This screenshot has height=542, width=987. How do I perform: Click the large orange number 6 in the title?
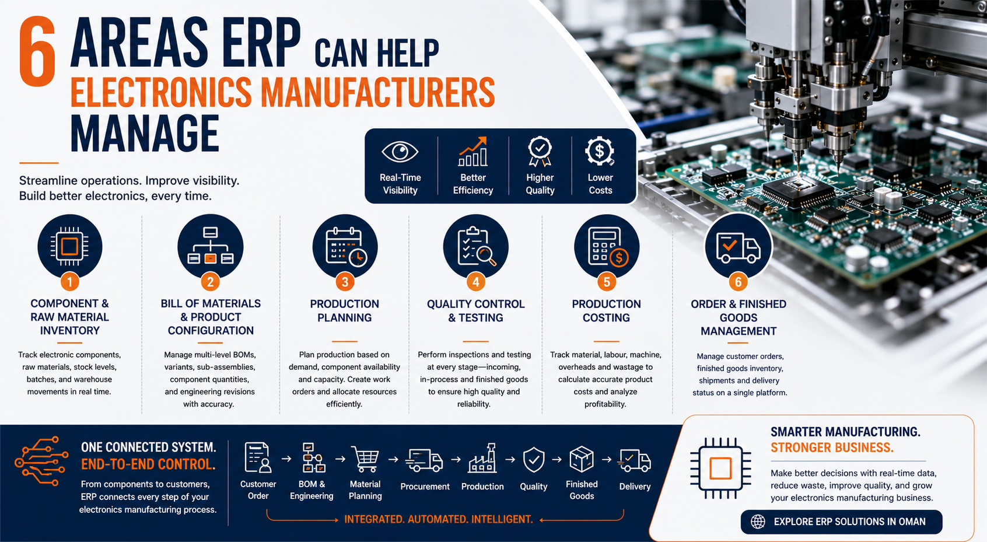click(37, 51)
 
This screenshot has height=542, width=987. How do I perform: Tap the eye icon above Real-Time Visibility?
click(400, 152)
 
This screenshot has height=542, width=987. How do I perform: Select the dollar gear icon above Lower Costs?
click(600, 151)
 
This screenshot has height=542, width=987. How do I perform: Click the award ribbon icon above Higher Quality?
click(540, 151)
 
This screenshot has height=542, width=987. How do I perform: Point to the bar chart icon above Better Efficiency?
click(473, 151)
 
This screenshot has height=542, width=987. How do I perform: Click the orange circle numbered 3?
click(345, 282)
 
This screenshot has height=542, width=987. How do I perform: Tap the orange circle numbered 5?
click(606, 282)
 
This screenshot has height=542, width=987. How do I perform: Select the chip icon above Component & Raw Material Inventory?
click(69, 246)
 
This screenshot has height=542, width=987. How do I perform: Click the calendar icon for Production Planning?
click(345, 246)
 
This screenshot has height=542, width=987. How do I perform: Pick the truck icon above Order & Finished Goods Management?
click(738, 247)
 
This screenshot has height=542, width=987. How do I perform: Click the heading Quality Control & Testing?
click(475, 310)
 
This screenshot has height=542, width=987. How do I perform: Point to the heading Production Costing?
click(606, 310)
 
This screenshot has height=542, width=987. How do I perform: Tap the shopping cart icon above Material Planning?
click(365, 459)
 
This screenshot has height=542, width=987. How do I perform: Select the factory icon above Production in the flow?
click(482, 458)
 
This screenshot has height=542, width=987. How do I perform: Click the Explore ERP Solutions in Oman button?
click(841, 522)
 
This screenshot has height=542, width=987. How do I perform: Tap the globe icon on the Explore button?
click(758, 522)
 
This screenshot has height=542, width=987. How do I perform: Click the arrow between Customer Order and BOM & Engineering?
click(286, 459)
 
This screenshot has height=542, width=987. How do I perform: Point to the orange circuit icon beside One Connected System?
click(41, 461)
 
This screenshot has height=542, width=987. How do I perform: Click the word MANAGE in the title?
click(145, 134)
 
